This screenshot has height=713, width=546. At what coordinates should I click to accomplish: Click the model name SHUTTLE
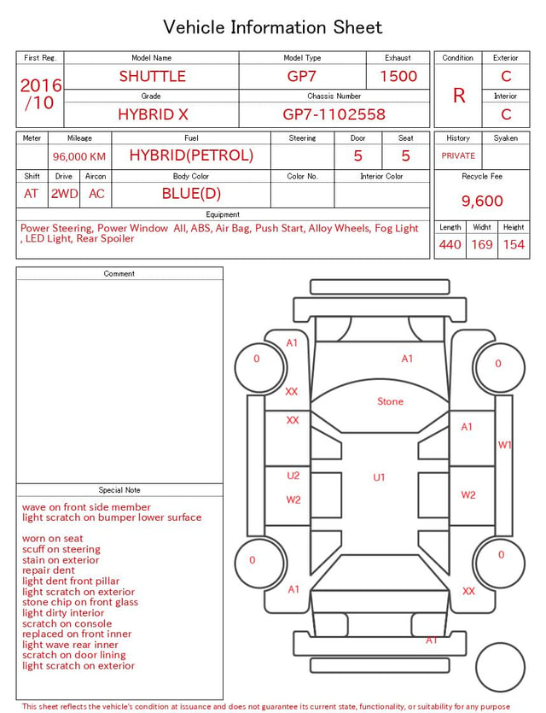pyautogui.click(x=153, y=76)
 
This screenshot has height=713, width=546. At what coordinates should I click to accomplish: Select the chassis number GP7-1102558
pyautogui.click(x=334, y=114)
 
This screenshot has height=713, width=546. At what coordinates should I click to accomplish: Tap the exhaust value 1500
pyautogui.click(x=398, y=76)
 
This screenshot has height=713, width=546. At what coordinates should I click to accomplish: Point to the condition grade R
pyautogui.click(x=459, y=96)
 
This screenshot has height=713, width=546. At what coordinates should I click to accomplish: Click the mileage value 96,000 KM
pyautogui.click(x=79, y=157)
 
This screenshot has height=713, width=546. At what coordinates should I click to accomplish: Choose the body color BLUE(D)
pyautogui.click(x=191, y=194)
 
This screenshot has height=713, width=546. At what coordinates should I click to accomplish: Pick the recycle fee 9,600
pyautogui.click(x=482, y=201)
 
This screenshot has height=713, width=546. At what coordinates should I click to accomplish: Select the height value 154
pyautogui.click(x=514, y=244)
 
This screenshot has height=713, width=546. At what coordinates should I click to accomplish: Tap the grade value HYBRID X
pyautogui.click(x=153, y=114)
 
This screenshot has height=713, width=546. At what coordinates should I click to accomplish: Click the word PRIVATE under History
pyautogui.click(x=458, y=156)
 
